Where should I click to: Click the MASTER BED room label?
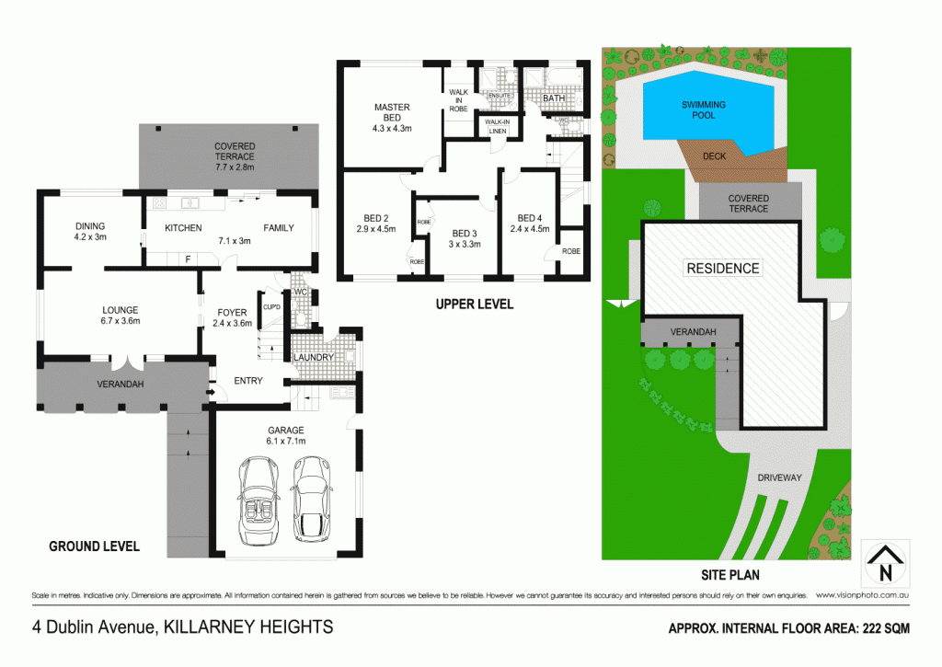tap(391, 112)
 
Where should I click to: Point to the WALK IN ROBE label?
tap(458, 100)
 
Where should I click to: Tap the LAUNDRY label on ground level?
tap(316, 357)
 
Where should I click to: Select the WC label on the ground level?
tap(299, 293)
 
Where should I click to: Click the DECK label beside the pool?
tap(714, 156)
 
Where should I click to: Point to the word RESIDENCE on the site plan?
tap(723, 269)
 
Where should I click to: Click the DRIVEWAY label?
tap(781, 477)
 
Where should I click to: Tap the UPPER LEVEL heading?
tap(476, 304)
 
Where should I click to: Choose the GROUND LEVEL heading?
tap(94, 546)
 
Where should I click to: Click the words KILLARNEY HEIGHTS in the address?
tap(247, 628)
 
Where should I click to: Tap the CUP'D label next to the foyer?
tap(271, 306)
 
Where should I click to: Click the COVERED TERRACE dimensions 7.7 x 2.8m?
tap(234, 167)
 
